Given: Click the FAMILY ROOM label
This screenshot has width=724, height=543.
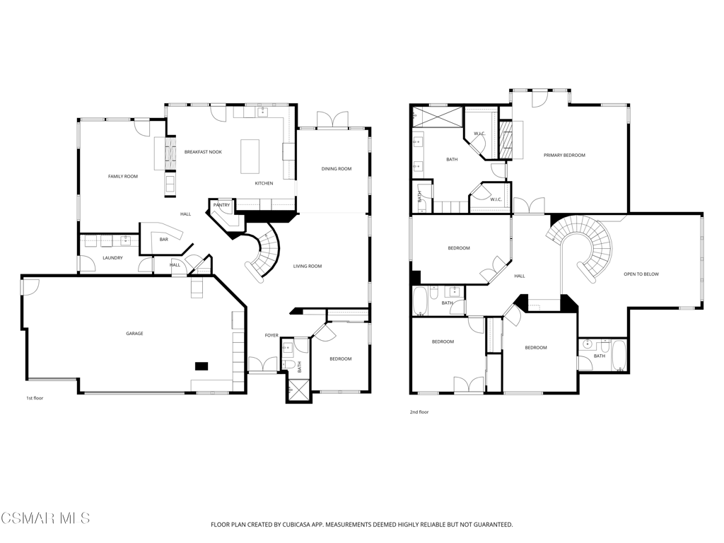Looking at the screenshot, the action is point(123,176).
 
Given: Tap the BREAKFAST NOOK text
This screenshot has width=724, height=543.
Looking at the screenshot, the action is point(203,152).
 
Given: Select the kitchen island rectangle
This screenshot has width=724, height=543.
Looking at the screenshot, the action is point(250,156).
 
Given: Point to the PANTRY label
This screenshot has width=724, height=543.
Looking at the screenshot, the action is point(221,205).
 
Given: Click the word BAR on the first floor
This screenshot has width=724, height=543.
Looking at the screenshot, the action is point(164,240).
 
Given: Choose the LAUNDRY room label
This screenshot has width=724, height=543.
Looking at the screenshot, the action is point(112,258).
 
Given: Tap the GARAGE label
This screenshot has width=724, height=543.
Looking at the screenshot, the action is point(135,334).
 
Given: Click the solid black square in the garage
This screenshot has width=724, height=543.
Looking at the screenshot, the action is point(202,366).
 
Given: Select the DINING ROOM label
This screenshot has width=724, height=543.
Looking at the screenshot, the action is point(337,169).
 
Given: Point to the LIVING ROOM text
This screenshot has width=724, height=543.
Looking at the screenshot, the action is point(308,267).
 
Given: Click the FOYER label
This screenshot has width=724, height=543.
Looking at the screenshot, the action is point(271,335).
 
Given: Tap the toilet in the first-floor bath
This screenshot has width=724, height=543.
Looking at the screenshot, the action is point(289,365).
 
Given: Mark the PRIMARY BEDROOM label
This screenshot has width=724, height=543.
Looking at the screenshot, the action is point(564,155).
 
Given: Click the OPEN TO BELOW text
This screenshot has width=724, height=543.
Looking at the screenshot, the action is point(641,274).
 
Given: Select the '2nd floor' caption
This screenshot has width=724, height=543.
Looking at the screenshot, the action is point(419,412).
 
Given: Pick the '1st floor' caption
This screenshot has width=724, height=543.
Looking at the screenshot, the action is point(35,398).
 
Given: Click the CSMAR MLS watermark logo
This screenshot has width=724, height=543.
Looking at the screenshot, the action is point(45,518).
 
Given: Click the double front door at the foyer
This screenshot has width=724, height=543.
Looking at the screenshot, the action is point(263,364).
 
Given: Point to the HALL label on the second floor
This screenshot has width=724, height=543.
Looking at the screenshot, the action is point(520,276).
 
